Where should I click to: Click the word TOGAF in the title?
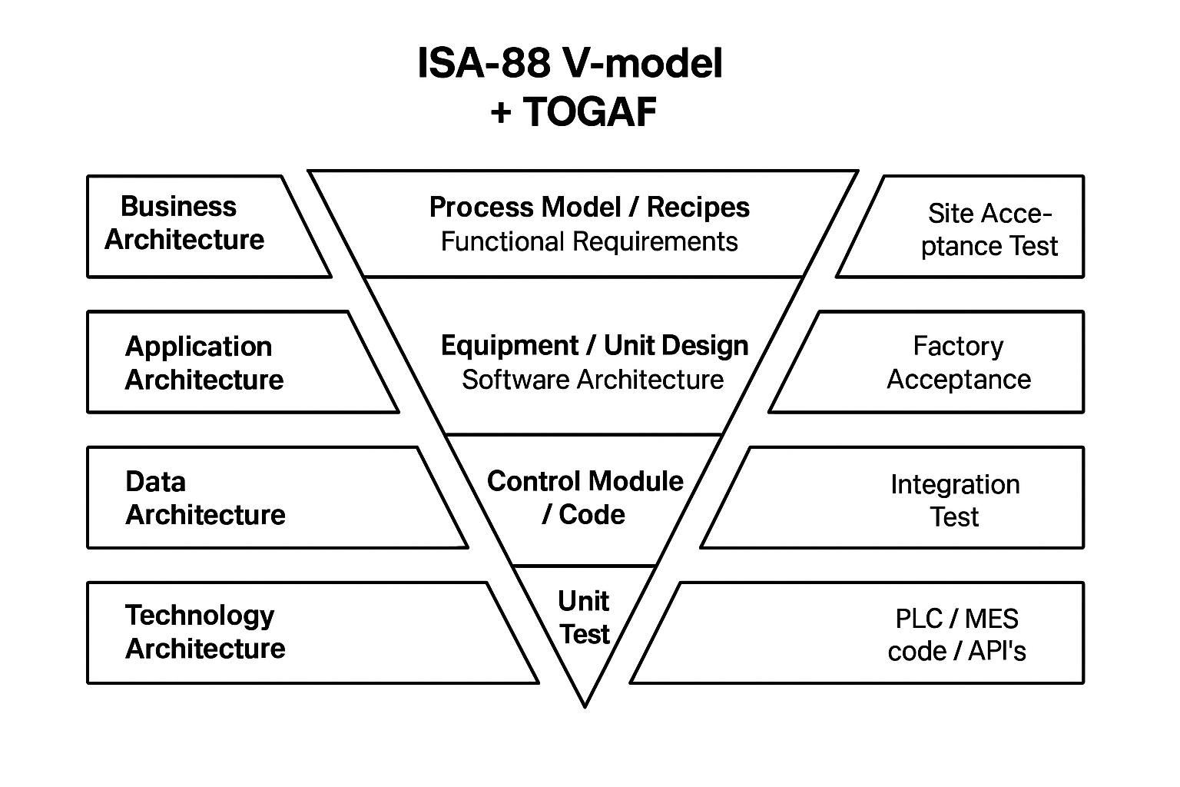tap(590, 112)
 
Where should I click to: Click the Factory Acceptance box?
tap(945, 362)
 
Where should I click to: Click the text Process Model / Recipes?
tap(589, 207)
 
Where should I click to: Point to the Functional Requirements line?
tap(589, 241)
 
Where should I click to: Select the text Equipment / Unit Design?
tap(594, 345)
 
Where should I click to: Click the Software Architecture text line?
tap(592, 379)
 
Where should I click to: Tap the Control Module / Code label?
tap(585, 497)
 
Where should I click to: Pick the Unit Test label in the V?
tap(584, 617)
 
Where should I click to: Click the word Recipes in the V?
tap(698, 207)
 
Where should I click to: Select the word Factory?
tap(958, 346)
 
